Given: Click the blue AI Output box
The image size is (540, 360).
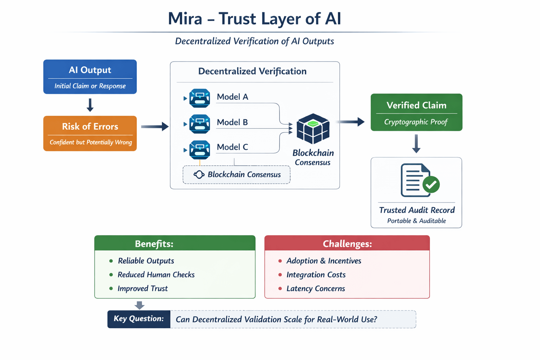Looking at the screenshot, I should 90,77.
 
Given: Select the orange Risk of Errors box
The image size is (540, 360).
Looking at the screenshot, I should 90,133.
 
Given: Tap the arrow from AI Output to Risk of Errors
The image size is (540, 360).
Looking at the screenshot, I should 90,105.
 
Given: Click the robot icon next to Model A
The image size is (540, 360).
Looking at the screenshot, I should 199,98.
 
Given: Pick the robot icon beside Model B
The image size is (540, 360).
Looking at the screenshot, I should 199,124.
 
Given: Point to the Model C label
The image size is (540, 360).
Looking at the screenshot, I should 232,147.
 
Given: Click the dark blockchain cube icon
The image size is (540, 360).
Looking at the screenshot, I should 313,129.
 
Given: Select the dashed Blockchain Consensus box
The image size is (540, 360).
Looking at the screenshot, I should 236,175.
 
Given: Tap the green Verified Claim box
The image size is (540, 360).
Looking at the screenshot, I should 416,112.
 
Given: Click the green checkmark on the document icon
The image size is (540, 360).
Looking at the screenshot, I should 431,184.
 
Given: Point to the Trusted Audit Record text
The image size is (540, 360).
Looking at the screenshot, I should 417,210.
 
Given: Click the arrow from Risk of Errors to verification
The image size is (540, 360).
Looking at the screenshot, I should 155,127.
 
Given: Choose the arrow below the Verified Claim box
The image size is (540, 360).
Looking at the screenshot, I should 416,143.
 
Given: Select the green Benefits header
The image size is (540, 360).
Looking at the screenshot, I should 175,243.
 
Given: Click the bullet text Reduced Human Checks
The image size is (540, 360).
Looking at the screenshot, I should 156,275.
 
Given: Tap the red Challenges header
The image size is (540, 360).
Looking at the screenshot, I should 347,243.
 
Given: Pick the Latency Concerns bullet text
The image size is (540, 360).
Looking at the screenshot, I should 316,289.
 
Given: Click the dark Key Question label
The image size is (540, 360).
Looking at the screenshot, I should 139,319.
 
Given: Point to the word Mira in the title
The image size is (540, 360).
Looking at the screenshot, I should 185,19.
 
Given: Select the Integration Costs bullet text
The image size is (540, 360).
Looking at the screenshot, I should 316,275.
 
